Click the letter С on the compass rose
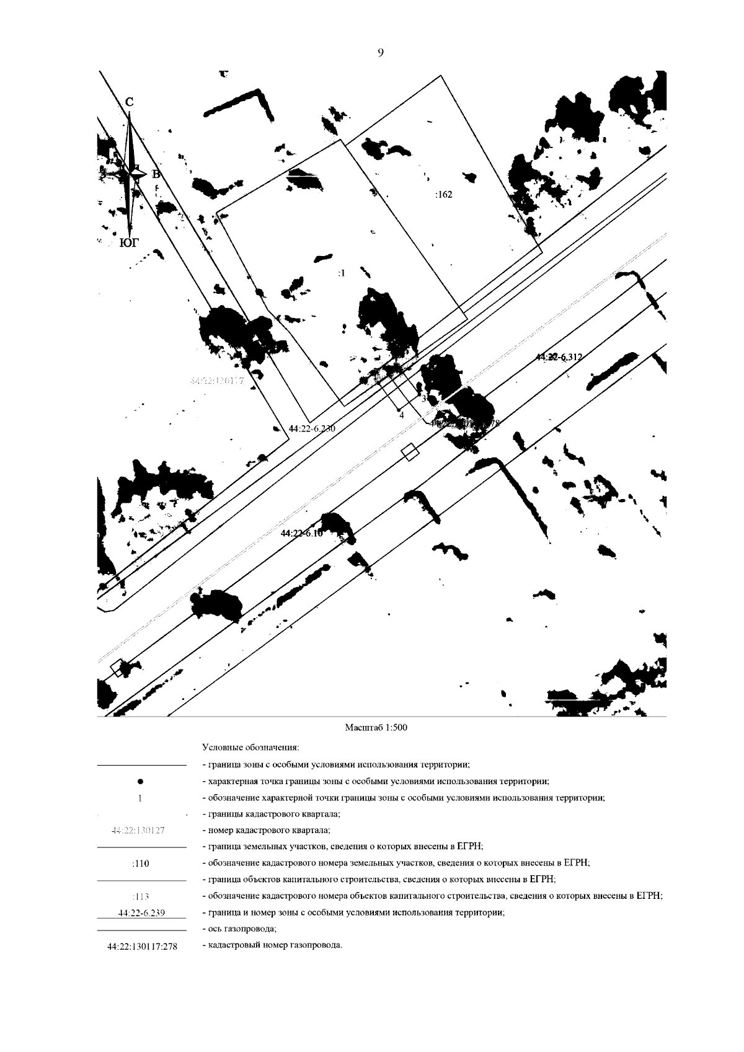[129, 102]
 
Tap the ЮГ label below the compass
[128, 243]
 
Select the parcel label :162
[443, 195]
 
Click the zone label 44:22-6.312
[559, 357]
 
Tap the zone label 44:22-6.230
[312, 428]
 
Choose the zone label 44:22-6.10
[302, 534]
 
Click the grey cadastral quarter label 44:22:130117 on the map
[216, 381]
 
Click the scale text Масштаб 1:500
[376, 728]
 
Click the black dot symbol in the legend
[141, 782]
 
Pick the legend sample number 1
[141, 798]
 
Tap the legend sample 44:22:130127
[138, 831]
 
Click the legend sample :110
[141, 863]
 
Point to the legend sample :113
[141, 896]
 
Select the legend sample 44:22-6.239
[141, 913]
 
